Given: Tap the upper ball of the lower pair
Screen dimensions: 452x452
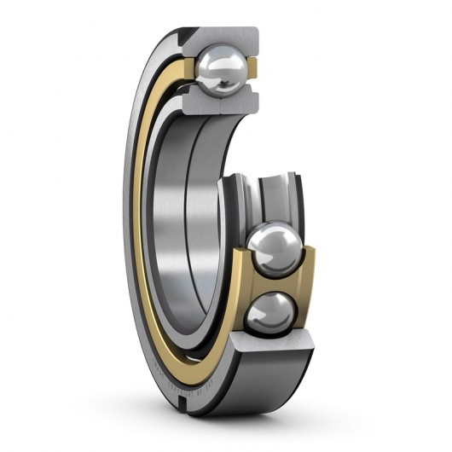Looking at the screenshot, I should point(273,246).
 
